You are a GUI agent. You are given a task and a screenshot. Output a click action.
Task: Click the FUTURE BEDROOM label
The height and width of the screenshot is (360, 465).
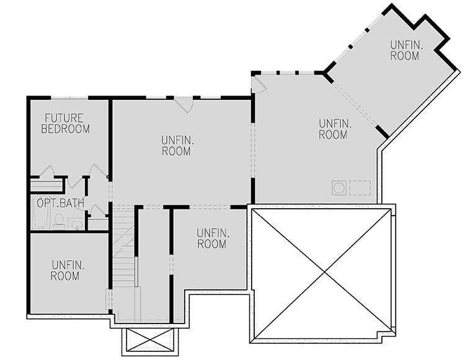(65, 123)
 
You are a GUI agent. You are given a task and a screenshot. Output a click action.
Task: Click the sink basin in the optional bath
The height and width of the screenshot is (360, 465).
(77, 223)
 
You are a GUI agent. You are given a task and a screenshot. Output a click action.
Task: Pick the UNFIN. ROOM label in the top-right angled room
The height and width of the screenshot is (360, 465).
(405, 50)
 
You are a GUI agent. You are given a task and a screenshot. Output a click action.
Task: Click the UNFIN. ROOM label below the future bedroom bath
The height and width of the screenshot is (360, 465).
(65, 270)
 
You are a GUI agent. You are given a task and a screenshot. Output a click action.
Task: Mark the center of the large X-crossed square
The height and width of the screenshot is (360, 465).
(322, 273)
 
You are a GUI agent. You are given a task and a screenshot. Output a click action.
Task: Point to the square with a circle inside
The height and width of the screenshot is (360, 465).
(339, 187)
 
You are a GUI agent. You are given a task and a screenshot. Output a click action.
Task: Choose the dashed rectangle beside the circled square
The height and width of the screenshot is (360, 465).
(360, 187)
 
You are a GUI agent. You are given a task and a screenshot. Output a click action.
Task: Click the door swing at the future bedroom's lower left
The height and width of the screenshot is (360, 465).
(46, 172)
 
